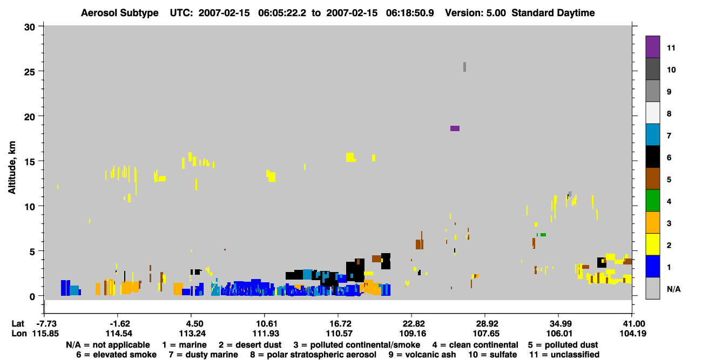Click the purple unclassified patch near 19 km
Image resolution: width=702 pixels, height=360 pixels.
(x=455, y=128)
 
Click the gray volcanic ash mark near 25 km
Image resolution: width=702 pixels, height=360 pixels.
(x=464, y=67)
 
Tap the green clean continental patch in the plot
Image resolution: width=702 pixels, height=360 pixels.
(x=543, y=235)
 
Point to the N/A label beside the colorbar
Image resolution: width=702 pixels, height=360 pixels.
(x=673, y=289)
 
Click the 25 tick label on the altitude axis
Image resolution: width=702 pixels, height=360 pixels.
(x=30, y=72)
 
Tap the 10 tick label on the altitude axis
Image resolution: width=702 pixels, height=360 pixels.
(x=30, y=207)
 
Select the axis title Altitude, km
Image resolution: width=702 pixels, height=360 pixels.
(x=12, y=168)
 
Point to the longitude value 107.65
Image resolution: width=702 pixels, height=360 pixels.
(x=485, y=334)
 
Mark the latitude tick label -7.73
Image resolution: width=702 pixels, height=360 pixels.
(x=46, y=324)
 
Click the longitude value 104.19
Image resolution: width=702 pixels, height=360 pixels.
(x=633, y=334)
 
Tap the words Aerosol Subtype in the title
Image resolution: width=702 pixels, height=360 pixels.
(x=120, y=13)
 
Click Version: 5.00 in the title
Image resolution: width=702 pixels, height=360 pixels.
(x=475, y=13)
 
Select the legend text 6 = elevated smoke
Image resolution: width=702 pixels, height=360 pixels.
(x=116, y=355)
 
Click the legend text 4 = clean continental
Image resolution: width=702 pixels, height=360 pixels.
(x=475, y=345)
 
